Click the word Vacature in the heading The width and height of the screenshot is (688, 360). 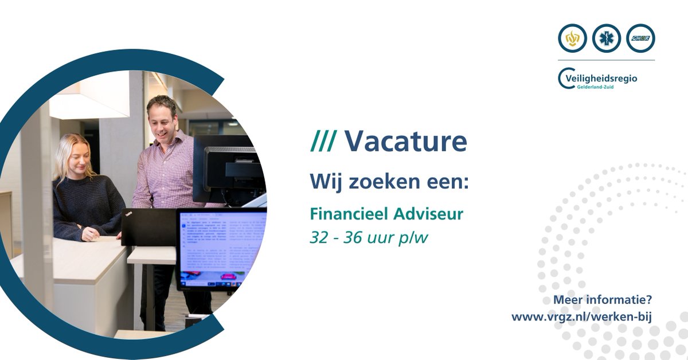(x=405, y=142)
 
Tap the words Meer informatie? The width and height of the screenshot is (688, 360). (x=603, y=300)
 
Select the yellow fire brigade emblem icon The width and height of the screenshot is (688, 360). (x=572, y=39)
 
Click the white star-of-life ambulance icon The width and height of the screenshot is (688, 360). (x=607, y=39)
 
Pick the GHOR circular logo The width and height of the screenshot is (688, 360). (x=640, y=39)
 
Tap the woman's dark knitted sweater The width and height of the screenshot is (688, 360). (x=86, y=206)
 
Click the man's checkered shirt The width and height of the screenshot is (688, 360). (x=163, y=172)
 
